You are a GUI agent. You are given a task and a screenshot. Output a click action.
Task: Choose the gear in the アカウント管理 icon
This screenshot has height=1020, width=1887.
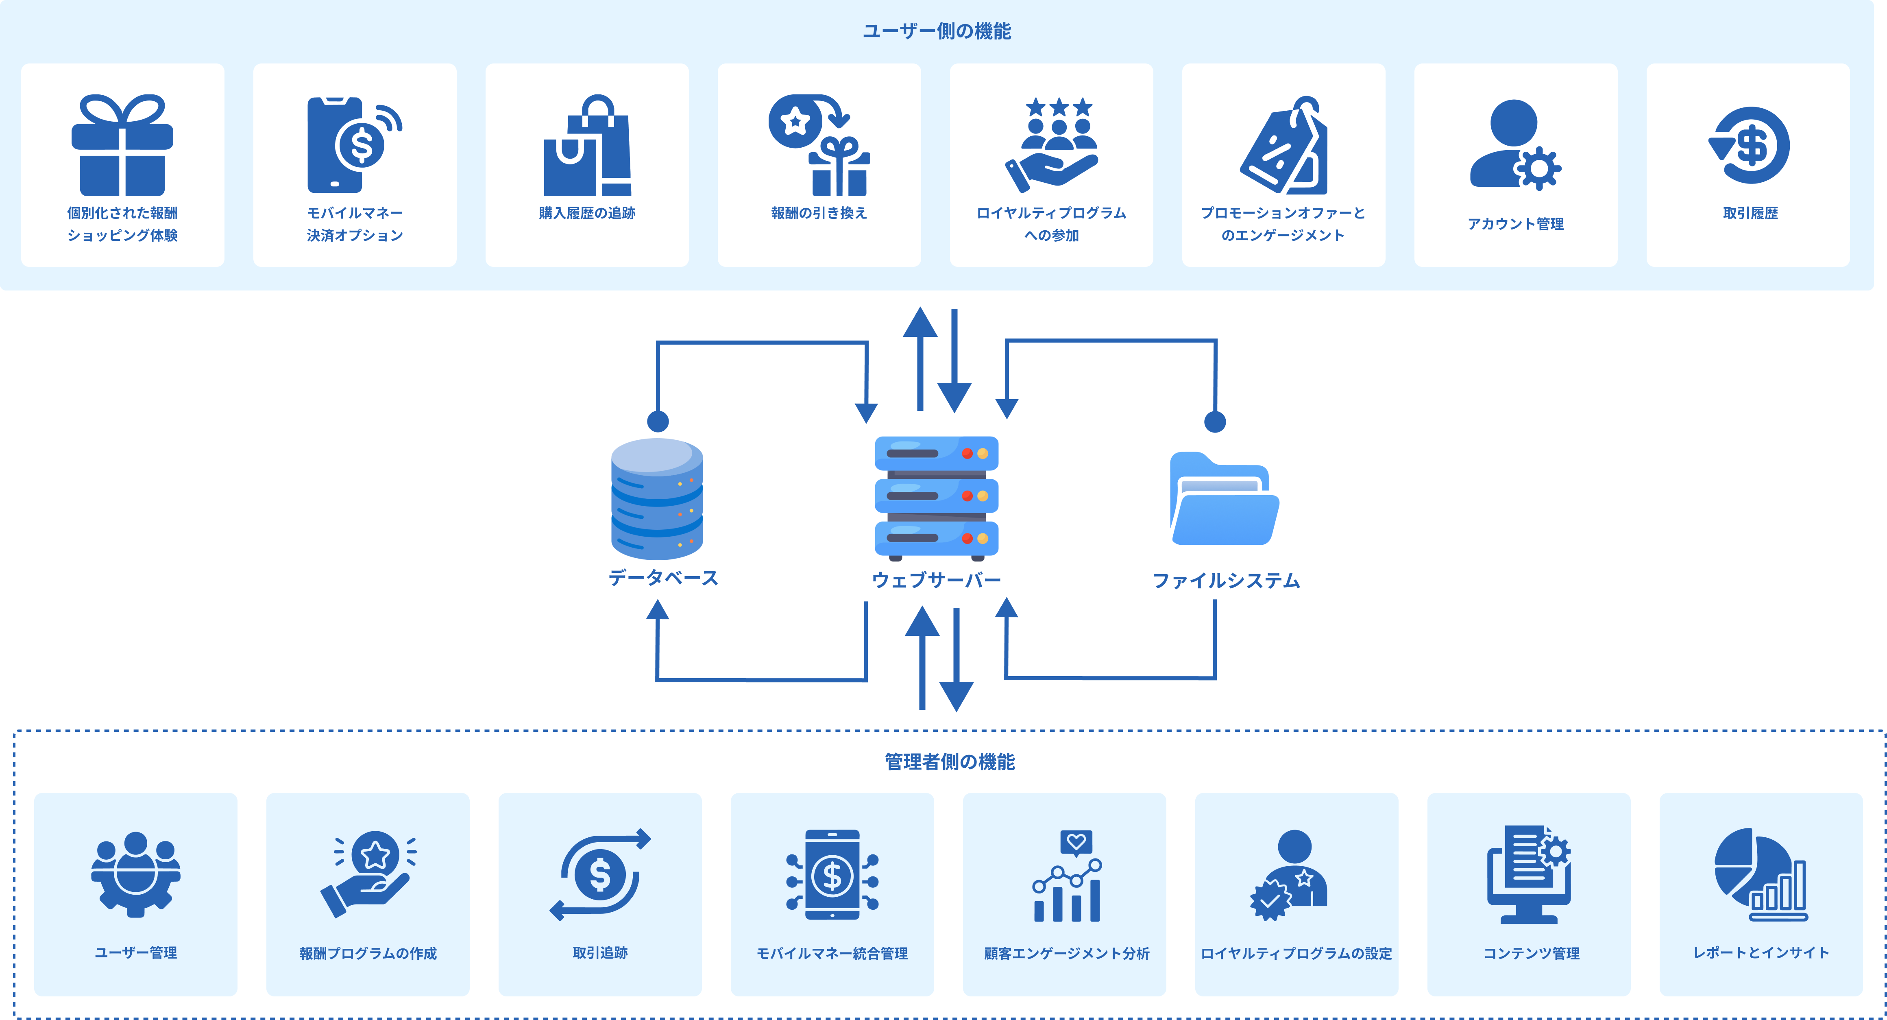1538,168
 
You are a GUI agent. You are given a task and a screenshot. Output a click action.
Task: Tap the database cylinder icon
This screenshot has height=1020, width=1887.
657,498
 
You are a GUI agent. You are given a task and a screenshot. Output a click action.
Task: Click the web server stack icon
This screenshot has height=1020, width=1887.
936,496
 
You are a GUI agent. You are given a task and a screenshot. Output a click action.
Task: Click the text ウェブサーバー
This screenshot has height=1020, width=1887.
936,580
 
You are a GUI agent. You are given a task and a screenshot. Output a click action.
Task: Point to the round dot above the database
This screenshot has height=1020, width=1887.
658,422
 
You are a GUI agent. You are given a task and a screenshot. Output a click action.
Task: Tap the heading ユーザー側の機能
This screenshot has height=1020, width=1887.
936,31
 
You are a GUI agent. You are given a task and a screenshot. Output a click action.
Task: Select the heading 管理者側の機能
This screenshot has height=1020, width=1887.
949,762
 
